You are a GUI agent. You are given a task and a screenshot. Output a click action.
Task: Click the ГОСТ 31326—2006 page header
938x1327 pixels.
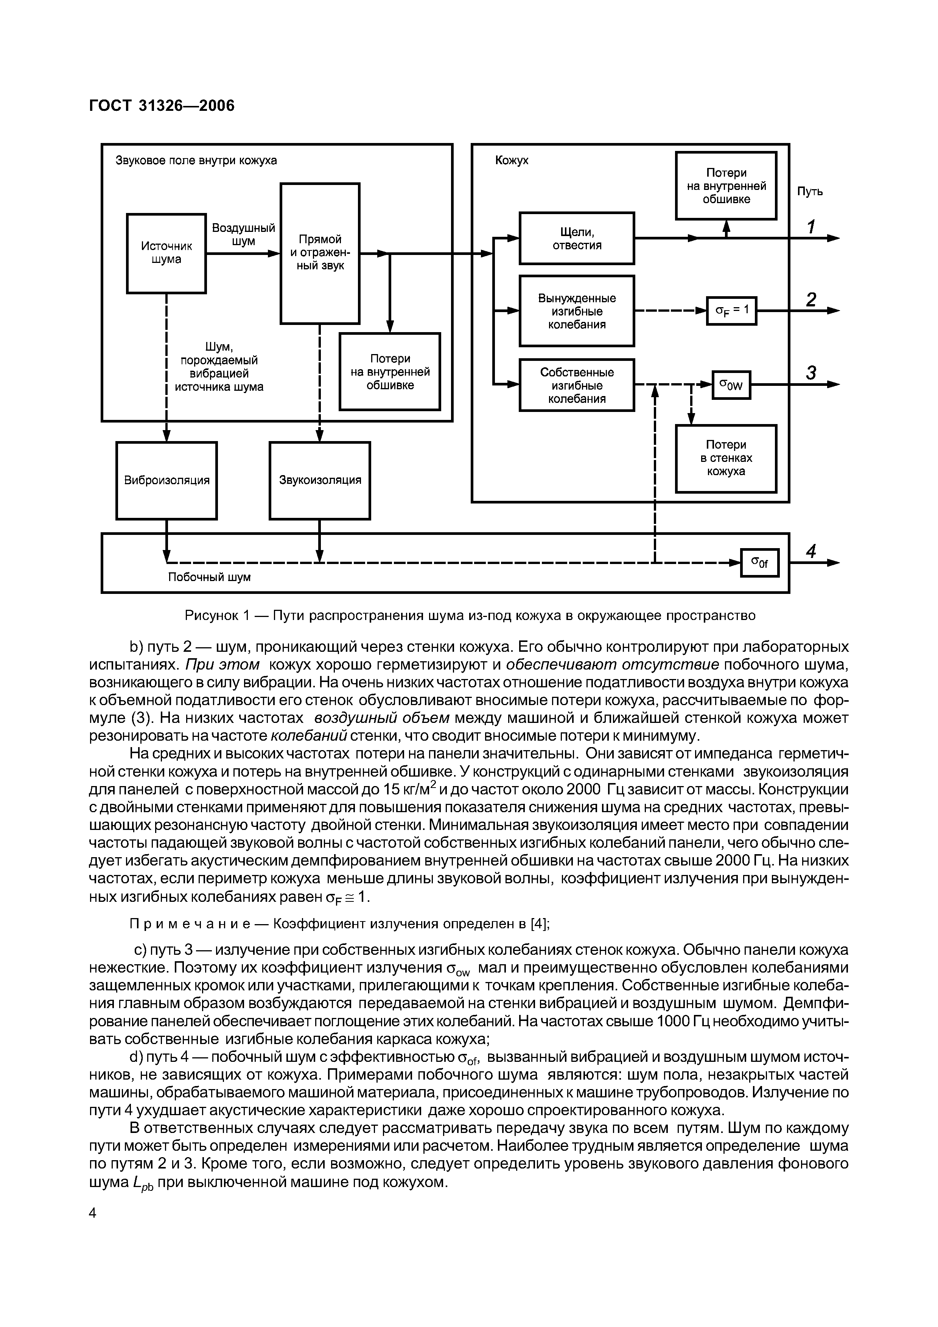[x=162, y=106]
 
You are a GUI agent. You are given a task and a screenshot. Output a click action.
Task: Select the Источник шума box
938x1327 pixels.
[x=166, y=253]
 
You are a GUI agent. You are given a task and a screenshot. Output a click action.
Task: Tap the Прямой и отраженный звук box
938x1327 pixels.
[x=320, y=253]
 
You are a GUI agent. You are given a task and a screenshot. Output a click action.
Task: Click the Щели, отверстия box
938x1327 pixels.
[x=576, y=238]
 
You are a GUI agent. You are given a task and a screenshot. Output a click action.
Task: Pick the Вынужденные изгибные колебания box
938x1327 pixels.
[x=576, y=311]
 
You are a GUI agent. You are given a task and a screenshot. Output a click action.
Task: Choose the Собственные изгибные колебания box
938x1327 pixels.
[x=576, y=385]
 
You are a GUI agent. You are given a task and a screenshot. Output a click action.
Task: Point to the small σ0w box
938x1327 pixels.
[x=731, y=384]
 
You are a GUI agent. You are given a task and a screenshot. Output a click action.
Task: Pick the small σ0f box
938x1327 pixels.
[x=759, y=562]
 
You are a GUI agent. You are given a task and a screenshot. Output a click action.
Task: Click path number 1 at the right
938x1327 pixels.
[x=811, y=227]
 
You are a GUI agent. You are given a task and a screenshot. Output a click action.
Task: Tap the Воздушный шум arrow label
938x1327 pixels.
[x=243, y=235]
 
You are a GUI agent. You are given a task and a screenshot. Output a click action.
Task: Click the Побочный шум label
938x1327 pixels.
[x=209, y=577]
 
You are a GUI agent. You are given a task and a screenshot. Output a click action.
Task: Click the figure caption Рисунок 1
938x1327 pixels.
[x=469, y=615]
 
